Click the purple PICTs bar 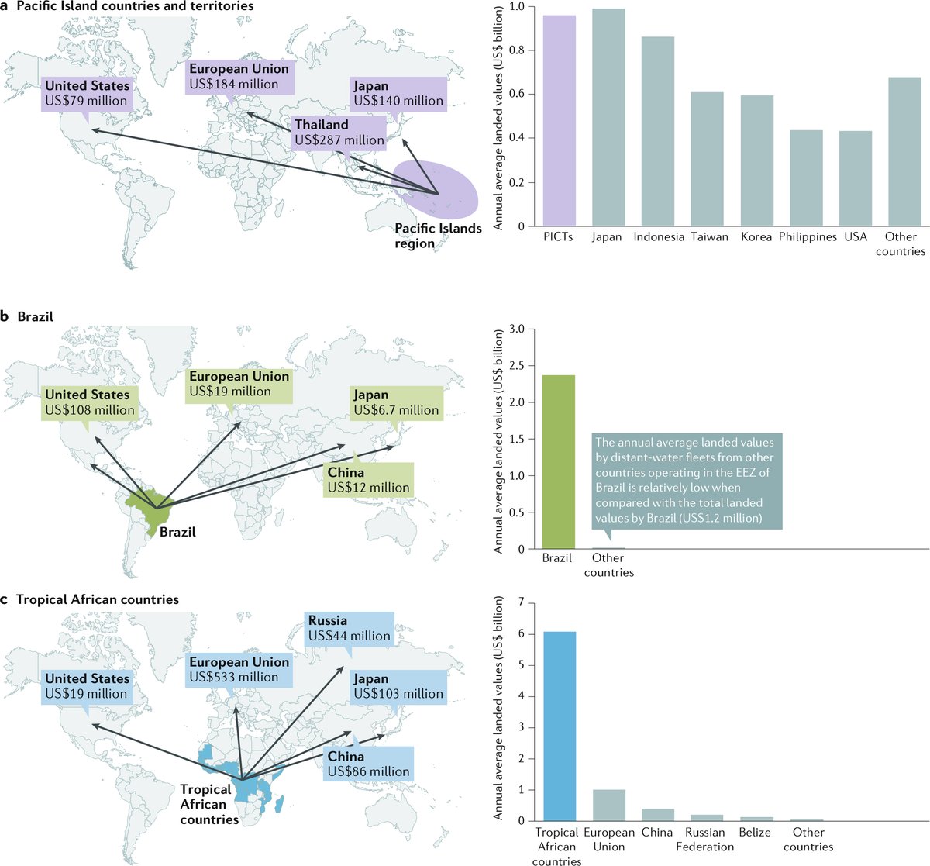pyautogui.click(x=558, y=121)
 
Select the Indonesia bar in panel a pyautogui.click(x=657, y=132)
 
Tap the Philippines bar pyautogui.click(x=806, y=178)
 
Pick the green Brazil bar pyautogui.click(x=558, y=462)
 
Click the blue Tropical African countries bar pyautogui.click(x=560, y=726)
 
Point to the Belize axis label pyautogui.click(x=755, y=832)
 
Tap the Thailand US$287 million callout pyautogui.click(x=339, y=133)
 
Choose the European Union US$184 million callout pyautogui.click(x=238, y=76)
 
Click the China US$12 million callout pyautogui.click(x=368, y=480)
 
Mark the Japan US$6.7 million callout pyautogui.click(x=396, y=402)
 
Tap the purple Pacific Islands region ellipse pyautogui.click(x=436, y=190)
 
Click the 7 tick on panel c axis pyautogui.click(x=520, y=602)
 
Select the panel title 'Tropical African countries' pyautogui.click(x=97, y=599)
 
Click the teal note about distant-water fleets pyautogui.click(x=686, y=481)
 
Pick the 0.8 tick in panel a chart pyautogui.click(x=515, y=50)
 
